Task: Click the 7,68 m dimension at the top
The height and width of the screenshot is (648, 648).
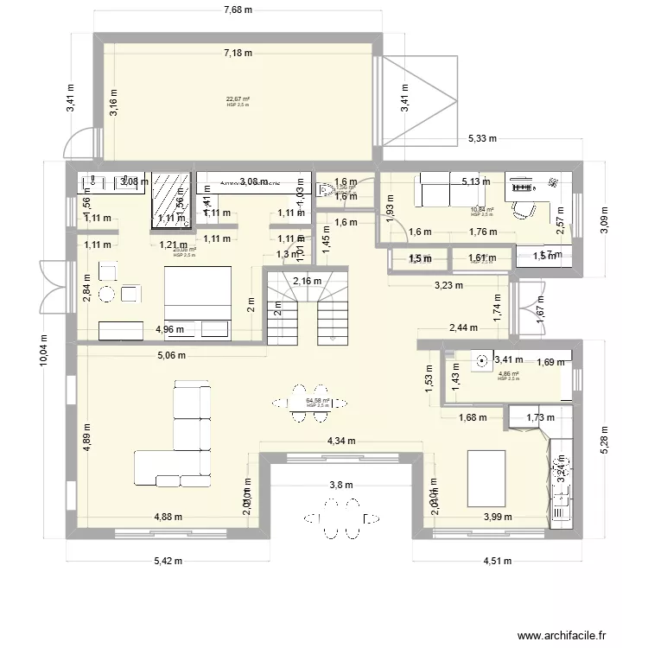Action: tap(237, 10)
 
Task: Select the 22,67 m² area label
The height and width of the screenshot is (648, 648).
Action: tap(238, 99)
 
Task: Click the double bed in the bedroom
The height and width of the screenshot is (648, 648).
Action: tap(197, 293)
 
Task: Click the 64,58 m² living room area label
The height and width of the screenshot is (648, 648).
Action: tap(318, 402)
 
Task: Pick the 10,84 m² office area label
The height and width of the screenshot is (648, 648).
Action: tap(482, 209)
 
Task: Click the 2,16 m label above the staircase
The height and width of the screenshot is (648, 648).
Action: tap(307, 280)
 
